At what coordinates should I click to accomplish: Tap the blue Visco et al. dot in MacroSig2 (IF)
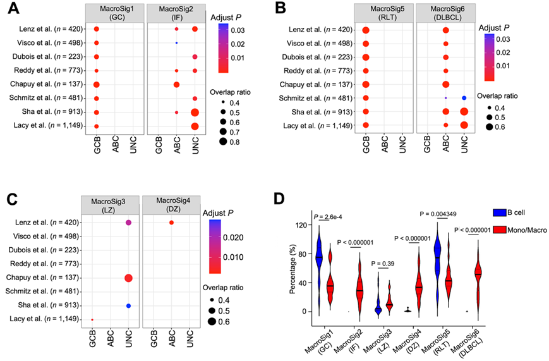(177, 43)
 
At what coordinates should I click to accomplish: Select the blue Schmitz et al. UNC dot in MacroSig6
(464, 98)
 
